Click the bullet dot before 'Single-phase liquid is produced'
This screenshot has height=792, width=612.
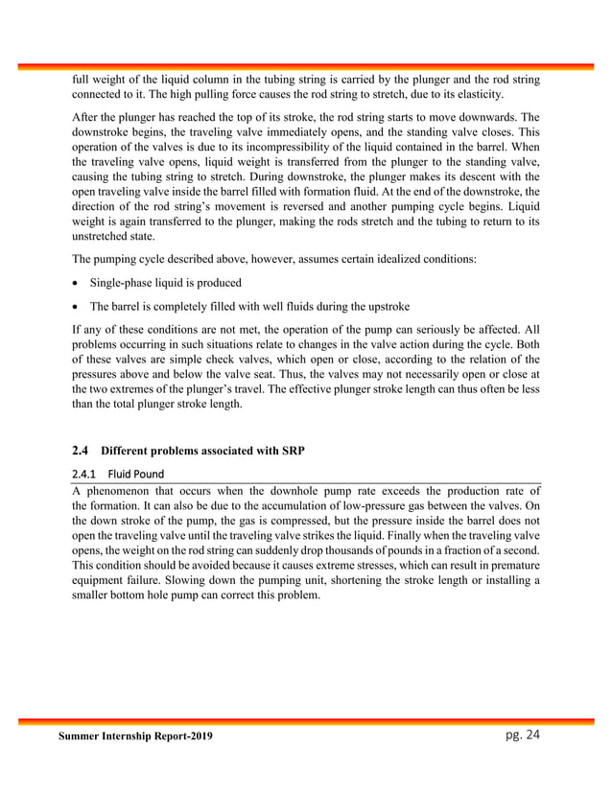point(76,285)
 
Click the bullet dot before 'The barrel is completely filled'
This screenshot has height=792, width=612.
point(76,307)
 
